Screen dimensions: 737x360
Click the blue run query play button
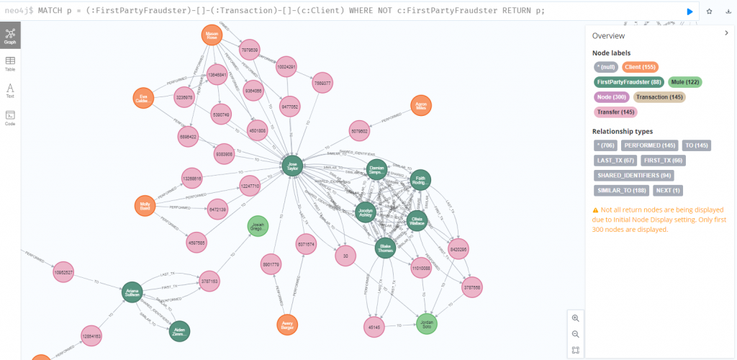689,12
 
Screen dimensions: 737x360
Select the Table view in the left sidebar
10,64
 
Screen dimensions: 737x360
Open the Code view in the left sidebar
10,118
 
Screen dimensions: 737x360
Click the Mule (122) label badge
684,82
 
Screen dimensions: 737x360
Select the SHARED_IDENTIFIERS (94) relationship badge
633,175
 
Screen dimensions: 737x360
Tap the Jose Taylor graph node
292,166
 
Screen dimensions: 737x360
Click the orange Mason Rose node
212,36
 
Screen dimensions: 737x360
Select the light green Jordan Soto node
426,323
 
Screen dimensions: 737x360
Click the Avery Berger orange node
288,325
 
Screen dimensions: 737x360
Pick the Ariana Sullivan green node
132,293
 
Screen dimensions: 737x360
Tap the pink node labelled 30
345,256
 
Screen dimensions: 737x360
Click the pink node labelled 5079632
360,131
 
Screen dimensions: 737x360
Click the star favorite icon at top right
709,12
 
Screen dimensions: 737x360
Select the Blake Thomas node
385,248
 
